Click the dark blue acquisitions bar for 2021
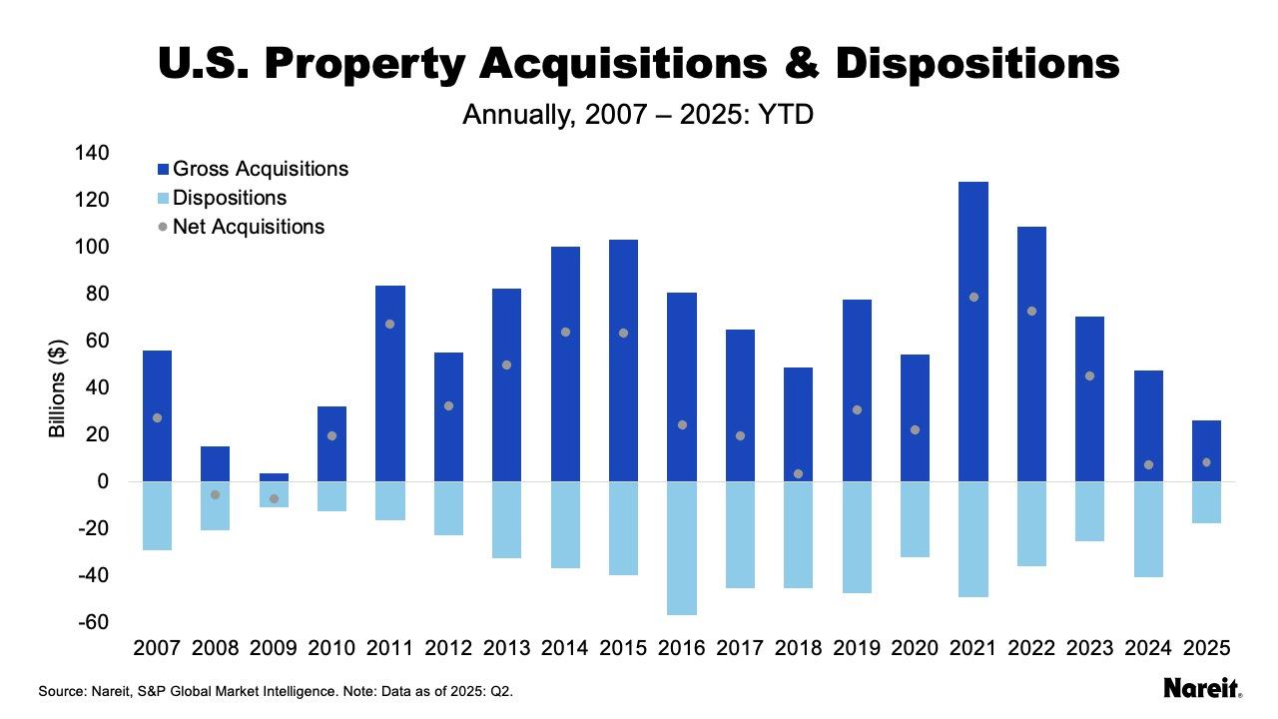tap(973, 330)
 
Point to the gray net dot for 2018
tap(798, 473)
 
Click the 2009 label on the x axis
tap(274, 648)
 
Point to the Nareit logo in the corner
tap(1202, 688)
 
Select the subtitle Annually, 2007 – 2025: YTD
tap(638, 115)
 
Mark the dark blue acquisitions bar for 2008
tap(215, 463)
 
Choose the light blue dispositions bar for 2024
tap(1148, 529)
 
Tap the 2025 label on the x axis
tap(1206, 648)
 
